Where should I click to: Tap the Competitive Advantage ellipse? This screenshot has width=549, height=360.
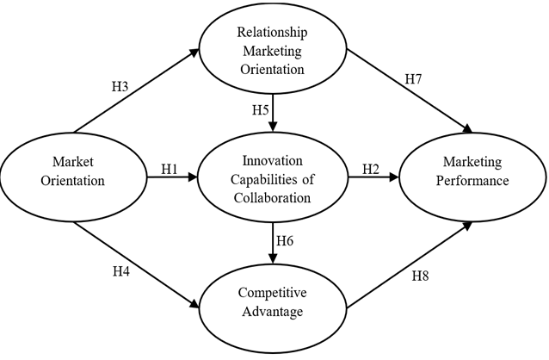[x=272, y=304]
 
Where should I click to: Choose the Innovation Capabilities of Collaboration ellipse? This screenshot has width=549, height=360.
[x=273, y=179]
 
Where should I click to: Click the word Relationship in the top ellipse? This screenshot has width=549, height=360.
[x=273, y=31]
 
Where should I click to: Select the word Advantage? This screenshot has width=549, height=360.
[x=272, y=312]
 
